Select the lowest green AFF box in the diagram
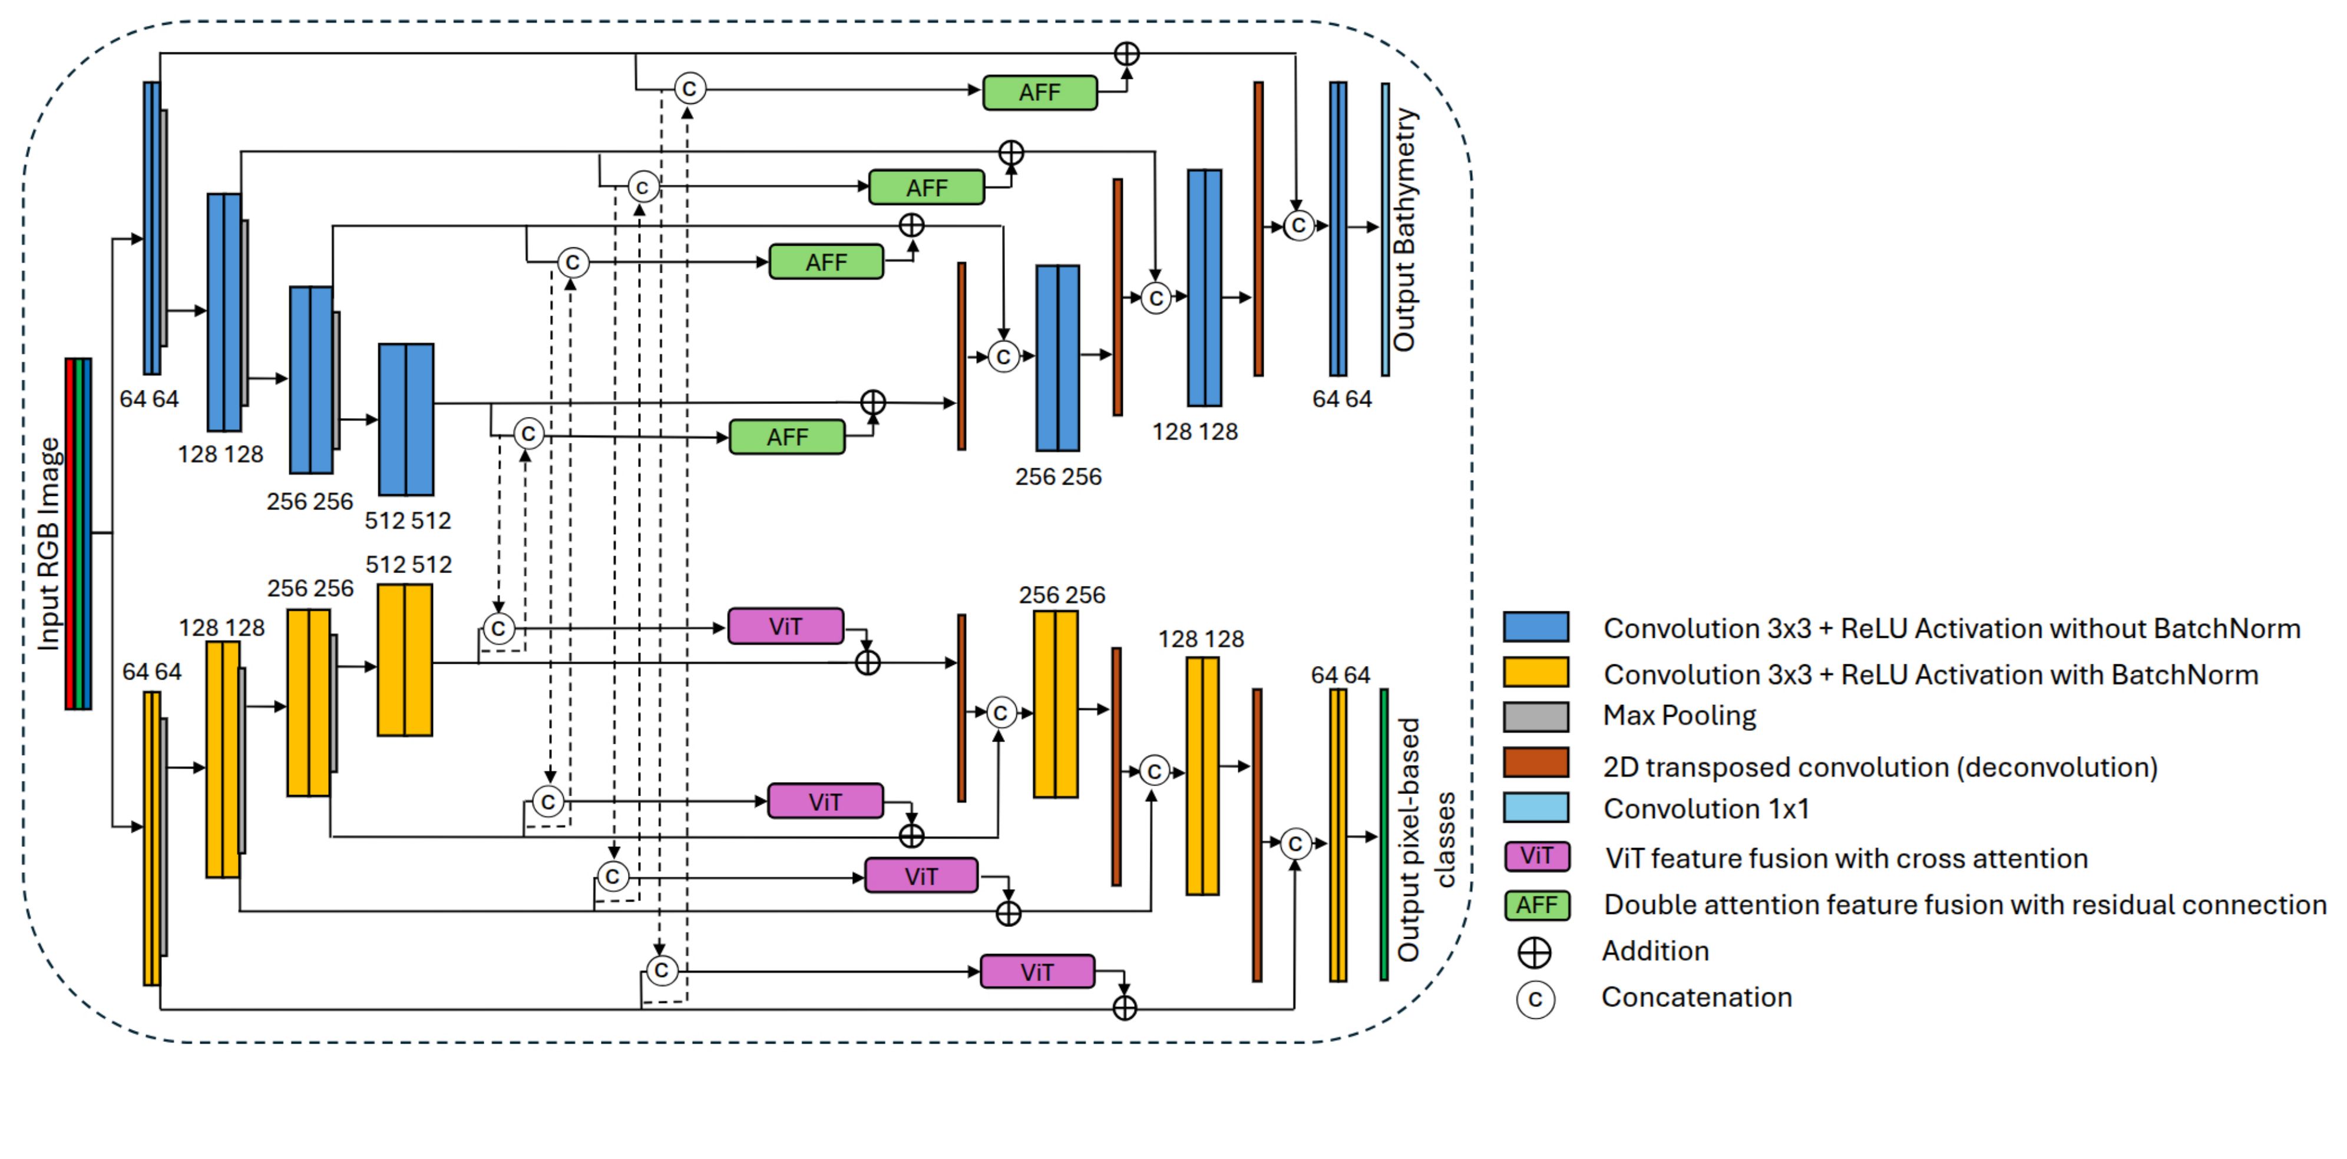point(787,438)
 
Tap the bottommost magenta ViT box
point(1037,971)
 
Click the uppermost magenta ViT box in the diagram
point(785,627)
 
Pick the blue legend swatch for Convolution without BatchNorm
point(1536,627)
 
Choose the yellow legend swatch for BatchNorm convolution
point(1536,673)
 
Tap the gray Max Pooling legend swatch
point(1536,716)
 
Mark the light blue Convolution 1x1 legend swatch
point(1536,807)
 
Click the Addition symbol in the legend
point(1534,952)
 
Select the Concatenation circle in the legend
point(1535,999)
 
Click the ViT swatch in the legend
point(1537,856)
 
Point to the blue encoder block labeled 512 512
point(406,419)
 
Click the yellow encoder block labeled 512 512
point(405,660)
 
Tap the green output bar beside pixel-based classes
point(1384,835)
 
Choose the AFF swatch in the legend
point(1537,905)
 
